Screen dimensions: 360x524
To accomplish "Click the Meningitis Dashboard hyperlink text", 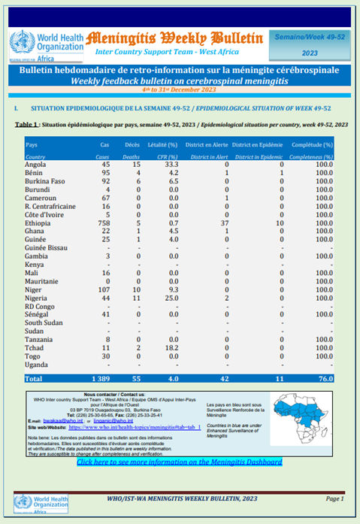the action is [180, 462].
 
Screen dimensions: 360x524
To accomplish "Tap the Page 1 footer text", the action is [334, 499].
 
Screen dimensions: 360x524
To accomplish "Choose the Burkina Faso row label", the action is [47, 181].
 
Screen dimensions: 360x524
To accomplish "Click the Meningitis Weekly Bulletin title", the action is [173, 38].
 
